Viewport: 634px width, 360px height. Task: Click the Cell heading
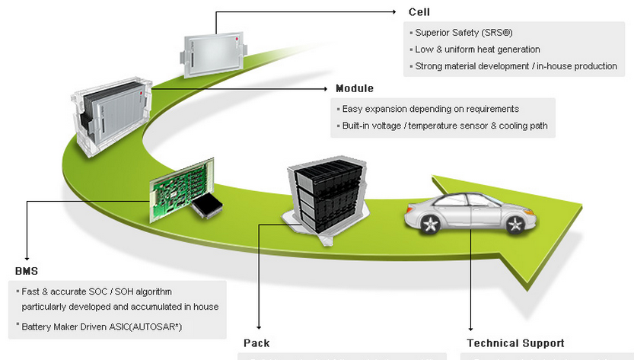419,11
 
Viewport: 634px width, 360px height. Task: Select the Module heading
355,88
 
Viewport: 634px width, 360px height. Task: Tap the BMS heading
26,270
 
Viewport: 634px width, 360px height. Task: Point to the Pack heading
256,343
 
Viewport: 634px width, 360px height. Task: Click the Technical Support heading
515,343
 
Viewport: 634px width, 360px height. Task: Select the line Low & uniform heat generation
477,49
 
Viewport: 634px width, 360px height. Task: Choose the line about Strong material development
516,66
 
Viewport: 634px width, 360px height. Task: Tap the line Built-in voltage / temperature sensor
444,126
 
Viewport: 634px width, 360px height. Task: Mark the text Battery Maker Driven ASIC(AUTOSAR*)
107,326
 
